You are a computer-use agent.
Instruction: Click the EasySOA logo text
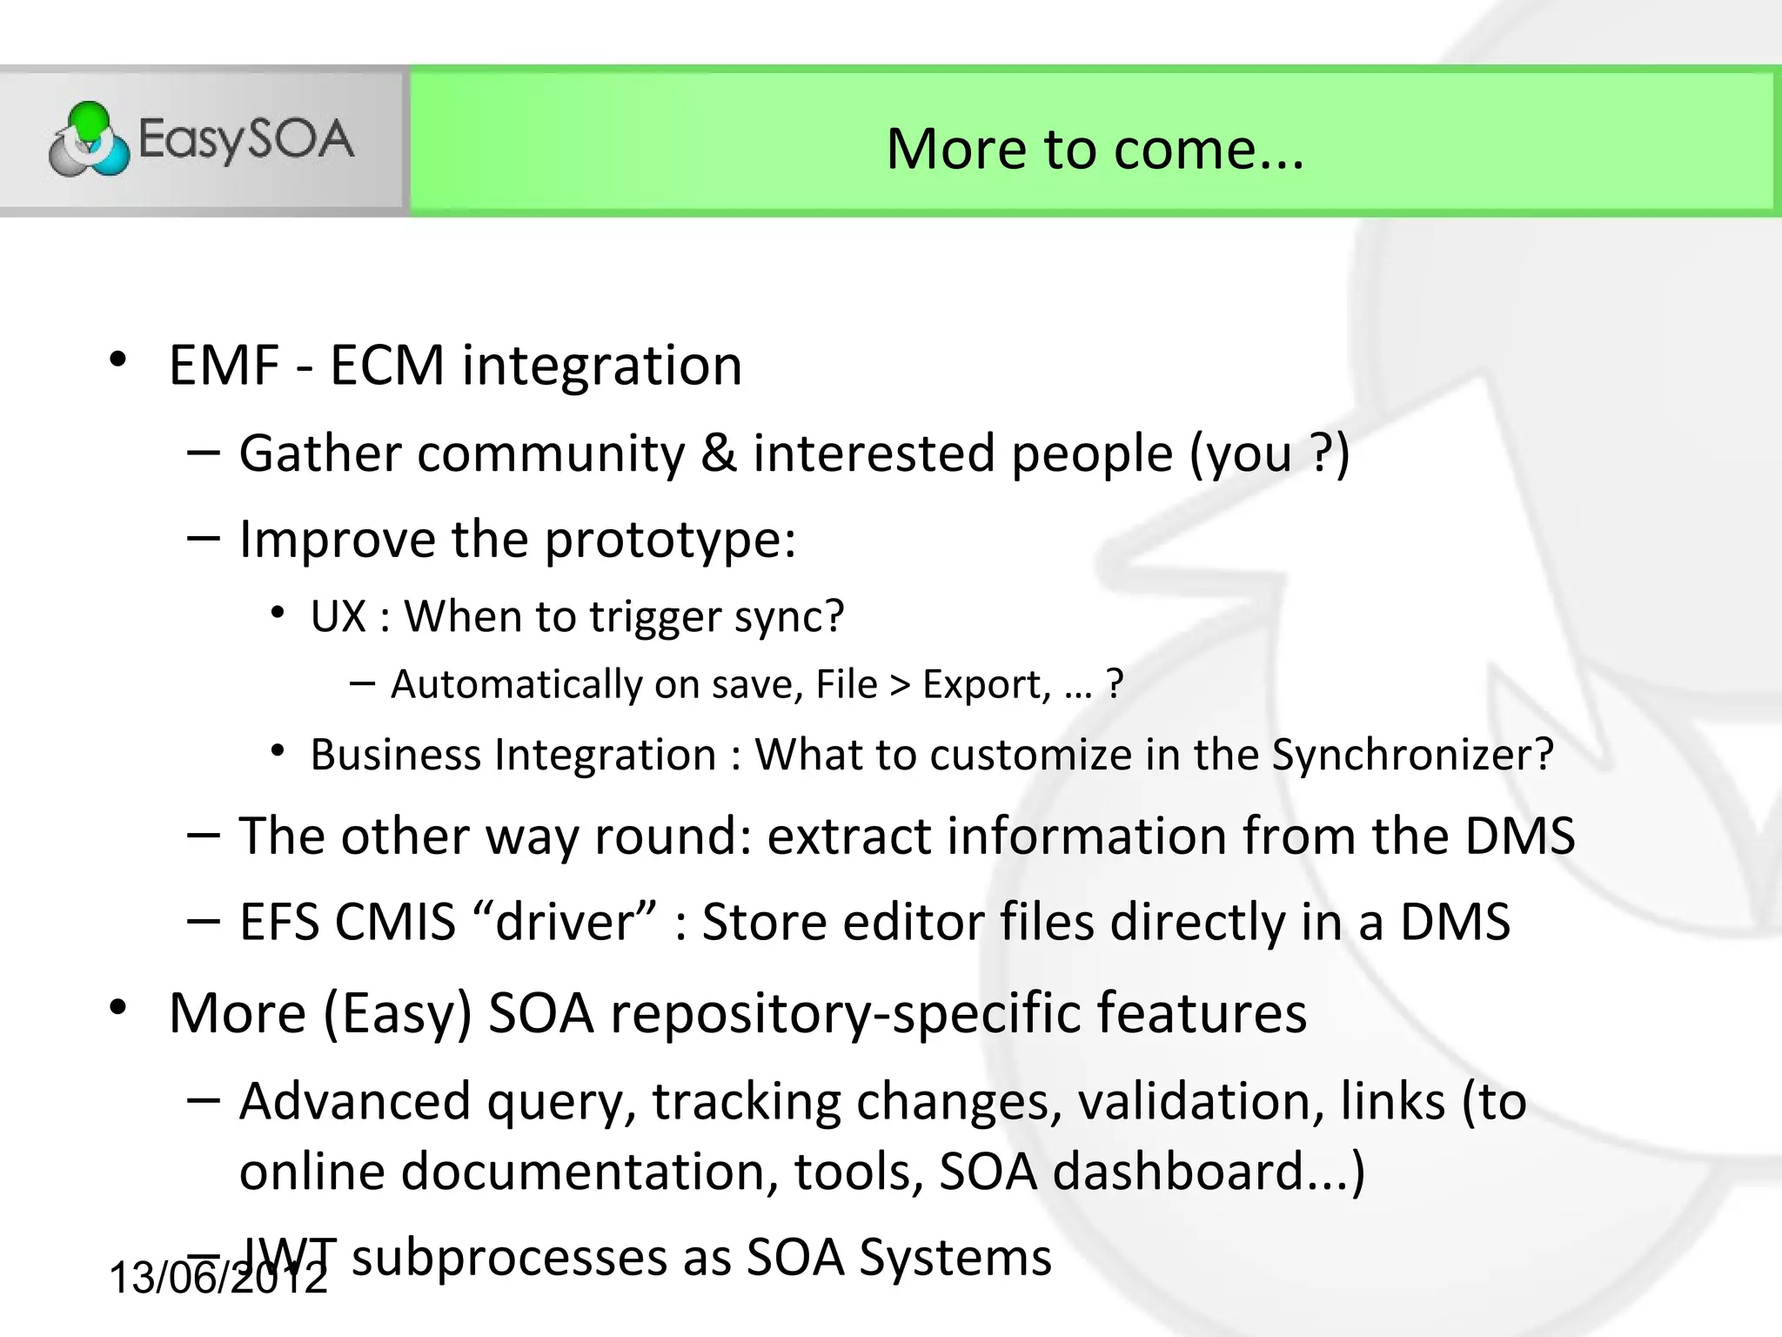point(247,139)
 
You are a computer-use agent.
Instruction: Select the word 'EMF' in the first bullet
point(224,365)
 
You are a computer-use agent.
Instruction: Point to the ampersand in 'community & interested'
point(719,453)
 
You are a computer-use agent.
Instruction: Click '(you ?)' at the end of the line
point(1270,454)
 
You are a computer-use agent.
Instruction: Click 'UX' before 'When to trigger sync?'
point(338,616)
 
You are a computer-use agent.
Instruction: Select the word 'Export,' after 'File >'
point(986,684)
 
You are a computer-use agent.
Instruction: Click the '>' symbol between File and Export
point(900,684)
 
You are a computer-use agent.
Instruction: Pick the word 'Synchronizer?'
point(1412,754)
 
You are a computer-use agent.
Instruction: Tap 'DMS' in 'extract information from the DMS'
point(1519,836)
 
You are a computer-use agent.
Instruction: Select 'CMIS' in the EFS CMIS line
point(395,922)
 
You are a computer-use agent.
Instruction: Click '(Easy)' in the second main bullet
point(398,1013)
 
